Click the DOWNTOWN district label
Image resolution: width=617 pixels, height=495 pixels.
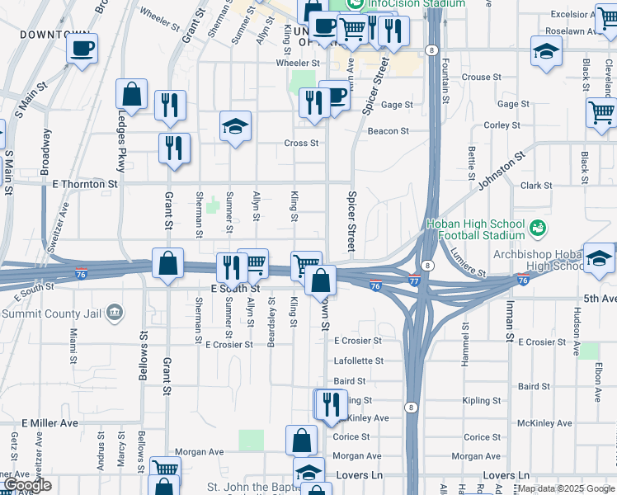coord(54,35)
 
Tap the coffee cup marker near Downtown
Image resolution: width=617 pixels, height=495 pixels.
coord(82,49)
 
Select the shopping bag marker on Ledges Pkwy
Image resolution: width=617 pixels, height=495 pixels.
coord(131,95)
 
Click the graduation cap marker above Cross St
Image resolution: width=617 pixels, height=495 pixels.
coord(235,127)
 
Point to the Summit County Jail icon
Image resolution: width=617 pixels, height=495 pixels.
coord(115,312)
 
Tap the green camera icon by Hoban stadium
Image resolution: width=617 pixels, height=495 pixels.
coord(538,225)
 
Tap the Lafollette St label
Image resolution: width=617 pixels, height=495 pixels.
coord(358,361)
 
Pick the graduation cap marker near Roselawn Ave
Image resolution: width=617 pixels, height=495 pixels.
coord(545,52)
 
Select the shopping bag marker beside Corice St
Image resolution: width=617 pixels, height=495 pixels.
coord(301,439)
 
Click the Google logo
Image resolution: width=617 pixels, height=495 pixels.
coord(27,485)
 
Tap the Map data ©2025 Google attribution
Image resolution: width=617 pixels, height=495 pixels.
coord(566,489)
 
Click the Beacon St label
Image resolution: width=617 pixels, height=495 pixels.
coord(388,131)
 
